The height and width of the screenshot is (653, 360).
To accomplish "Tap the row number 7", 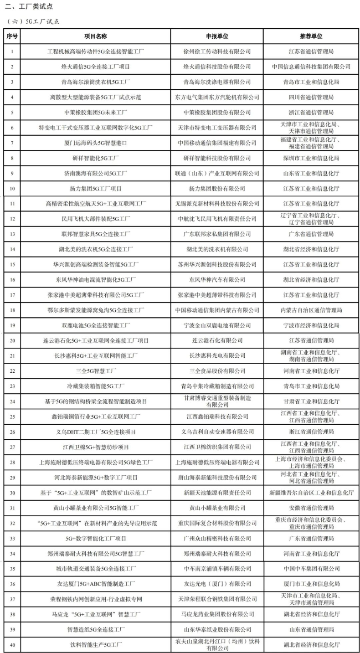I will [12, 143].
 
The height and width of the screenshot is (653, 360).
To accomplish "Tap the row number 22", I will [12, 371].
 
